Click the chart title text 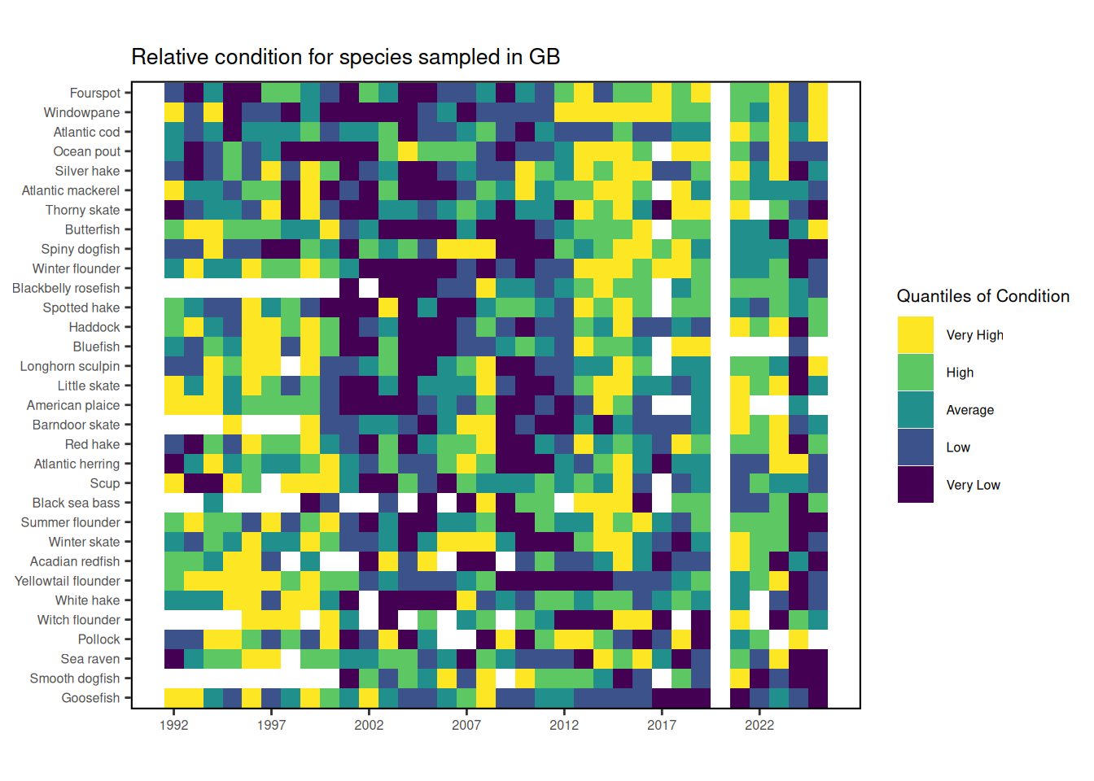[345, 57]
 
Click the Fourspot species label [94, 93]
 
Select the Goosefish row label [90, 698]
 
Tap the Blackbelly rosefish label [66, 288]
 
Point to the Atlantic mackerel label [71, 190]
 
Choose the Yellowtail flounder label [68, 581]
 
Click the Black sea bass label [76, 503]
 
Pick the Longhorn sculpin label [70, 366]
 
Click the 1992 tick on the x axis [174, 725]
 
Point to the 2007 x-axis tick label [466, 725]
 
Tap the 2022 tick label [759, 725]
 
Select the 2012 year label [564, 725]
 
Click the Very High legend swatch [916, 335]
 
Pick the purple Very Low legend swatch [916, 485]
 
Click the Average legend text [969, 410]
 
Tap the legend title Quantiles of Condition [982, 296]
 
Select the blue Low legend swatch [916, 447]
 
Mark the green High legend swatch [916, 373]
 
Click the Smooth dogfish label [75, 678]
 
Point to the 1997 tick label [271, 725]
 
